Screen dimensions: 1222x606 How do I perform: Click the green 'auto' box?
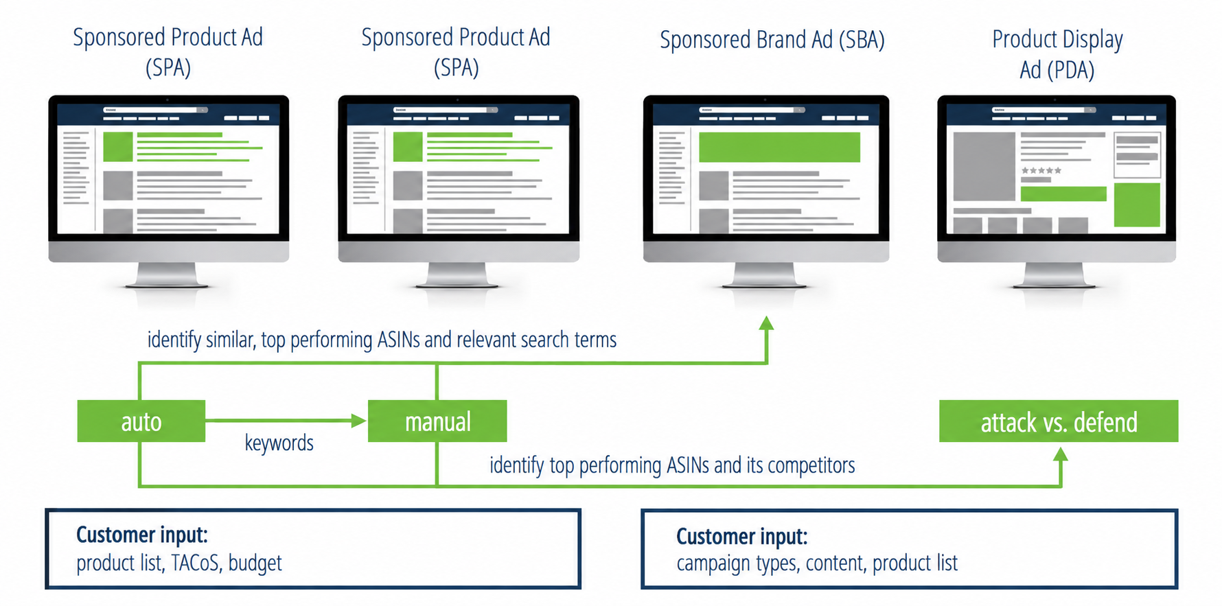pos(141,421)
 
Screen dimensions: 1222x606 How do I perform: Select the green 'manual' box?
pos(437,421)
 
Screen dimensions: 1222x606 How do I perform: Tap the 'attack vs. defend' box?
pos(1059,421)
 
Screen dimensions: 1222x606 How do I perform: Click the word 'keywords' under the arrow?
pos(279,443)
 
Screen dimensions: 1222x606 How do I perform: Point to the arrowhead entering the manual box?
pos(358,421)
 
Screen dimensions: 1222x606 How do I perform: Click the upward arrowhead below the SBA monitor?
pos(767,323)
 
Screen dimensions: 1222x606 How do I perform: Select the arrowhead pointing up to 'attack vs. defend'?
pos(1061,454)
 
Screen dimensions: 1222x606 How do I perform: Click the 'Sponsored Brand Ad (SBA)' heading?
pos(772,40)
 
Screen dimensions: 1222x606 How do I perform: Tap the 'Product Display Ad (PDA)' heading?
pos(1057,54)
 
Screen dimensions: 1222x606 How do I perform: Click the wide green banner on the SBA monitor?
pos(779,147)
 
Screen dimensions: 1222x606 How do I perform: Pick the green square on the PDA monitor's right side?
pos(1137,205)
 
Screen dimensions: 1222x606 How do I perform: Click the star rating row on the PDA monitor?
pos(1041,170)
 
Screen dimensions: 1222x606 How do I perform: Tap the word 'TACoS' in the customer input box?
pos(196,563)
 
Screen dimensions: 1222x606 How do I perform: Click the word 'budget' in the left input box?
pos(255,563)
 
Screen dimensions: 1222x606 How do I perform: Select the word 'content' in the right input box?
pos(835,563)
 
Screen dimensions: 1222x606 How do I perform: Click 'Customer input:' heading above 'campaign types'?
pos(741,536)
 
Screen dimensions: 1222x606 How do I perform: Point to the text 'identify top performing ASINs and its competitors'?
pos(672,465)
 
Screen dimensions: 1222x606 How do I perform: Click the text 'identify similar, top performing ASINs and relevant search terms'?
pos(382,340)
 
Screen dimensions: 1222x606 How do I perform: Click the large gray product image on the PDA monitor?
pos(984,166)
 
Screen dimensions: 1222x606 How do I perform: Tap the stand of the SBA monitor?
pos(765,275)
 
